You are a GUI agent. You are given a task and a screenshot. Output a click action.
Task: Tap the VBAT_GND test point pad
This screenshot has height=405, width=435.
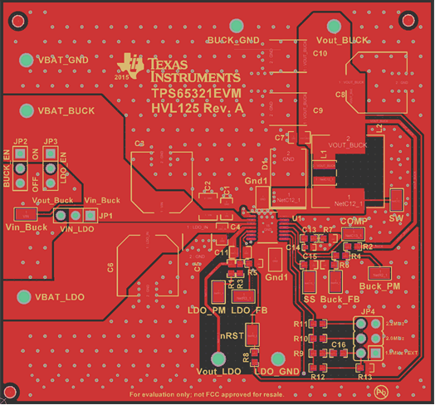pyautogui.click(x=24, y=59)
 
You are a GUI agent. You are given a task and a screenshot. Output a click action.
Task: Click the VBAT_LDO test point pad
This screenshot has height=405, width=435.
pyautogui.click(x=25, y=295)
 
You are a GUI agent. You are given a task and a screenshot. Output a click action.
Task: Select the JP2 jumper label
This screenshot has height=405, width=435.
pyautogui.click(x=22, y=142)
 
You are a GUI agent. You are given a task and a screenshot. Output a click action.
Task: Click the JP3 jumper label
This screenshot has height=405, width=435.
pyautogui.click(x=51, y=142)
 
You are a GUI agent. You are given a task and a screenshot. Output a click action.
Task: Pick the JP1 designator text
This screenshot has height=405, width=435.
pyautogui.click(x=105, y=216)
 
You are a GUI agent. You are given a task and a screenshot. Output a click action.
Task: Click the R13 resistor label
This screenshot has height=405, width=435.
pyautogui.click(x=364, y=377)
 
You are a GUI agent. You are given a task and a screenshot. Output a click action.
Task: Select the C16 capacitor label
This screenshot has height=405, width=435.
pyautogui.click(x=338, y=344)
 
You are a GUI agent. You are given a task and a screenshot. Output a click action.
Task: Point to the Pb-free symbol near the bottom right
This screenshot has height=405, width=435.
pyautogui.click(x=381, y=390)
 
